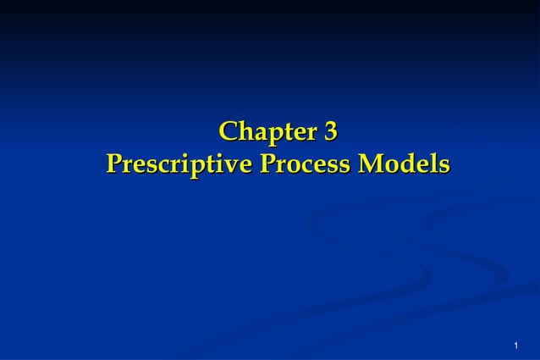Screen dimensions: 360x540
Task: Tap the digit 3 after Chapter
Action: point(331,133)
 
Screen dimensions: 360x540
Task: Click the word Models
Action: point(404,163)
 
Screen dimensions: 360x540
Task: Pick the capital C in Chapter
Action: point(228,133)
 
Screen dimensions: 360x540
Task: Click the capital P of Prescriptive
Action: point(113,163)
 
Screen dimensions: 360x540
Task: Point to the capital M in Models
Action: point(369,163)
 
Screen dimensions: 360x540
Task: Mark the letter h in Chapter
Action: point(244,133)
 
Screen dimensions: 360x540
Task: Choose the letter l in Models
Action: point(431,163)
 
